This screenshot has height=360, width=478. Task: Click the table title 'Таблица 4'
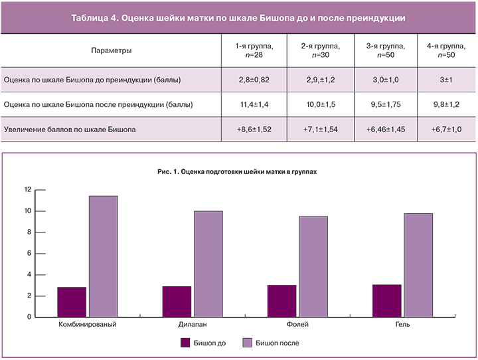(238, 18)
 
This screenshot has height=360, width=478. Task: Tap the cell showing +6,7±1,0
(446, 130)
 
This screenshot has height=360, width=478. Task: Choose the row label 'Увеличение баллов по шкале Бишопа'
(70, 130)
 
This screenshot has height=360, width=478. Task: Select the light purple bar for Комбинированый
(103, 256)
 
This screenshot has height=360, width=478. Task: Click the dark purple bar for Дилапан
(177, 302)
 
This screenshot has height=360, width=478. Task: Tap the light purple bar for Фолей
(313, 266)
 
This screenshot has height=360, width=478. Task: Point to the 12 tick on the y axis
(27, 190)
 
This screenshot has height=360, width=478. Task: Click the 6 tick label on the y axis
(29, 254)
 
